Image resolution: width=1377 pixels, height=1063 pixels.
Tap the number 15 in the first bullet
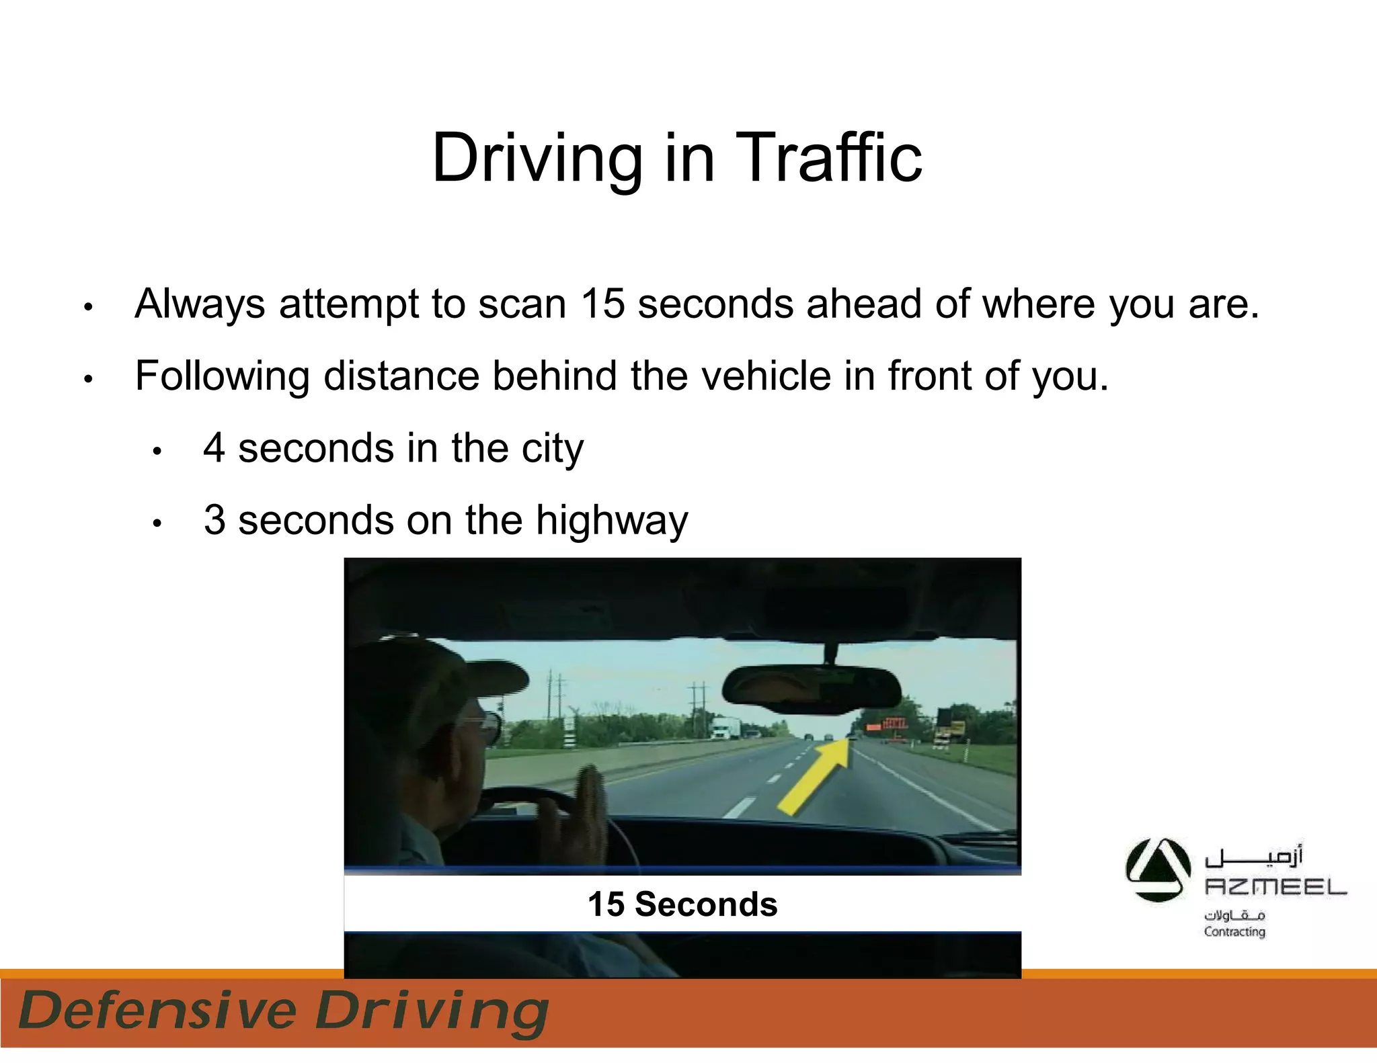[603, 304]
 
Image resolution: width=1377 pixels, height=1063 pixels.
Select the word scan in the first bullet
[522, 304]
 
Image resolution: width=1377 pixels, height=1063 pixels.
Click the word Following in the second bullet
[222, 376]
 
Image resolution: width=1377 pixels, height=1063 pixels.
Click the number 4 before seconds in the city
[214, 448]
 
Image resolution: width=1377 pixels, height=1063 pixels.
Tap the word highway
[612, 521]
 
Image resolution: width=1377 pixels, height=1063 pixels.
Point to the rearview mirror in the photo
[810, 689]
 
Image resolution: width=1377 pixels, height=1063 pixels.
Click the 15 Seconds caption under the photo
[682, 904]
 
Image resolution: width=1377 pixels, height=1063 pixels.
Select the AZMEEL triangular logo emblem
[1158, 870]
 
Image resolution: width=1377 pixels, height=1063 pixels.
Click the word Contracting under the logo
[1234, 932]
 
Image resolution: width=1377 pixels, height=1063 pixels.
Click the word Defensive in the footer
[158, 1011]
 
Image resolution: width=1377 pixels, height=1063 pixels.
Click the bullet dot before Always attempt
[88, 308]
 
